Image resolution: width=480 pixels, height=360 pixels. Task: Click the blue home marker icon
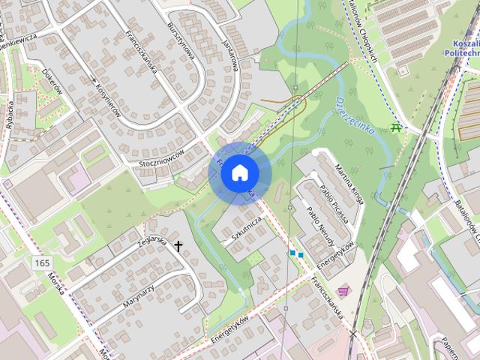(x=238, y=172)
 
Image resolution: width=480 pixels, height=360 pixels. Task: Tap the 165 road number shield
(x=42, y=262)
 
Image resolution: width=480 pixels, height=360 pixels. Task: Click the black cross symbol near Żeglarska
(x=178, y=245)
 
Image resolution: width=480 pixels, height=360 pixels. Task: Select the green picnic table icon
(x=397, y=128)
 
